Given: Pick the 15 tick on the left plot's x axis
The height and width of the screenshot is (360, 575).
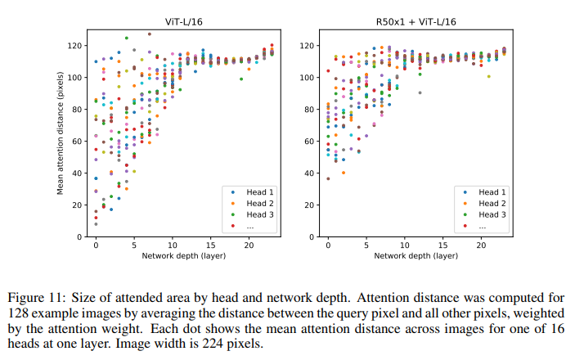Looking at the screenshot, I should point(211,245).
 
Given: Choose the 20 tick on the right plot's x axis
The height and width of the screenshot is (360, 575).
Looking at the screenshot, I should point(481,245).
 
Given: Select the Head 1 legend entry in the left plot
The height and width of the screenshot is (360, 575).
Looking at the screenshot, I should point(256,191).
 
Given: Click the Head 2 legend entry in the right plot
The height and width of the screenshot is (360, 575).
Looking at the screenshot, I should point(488,203).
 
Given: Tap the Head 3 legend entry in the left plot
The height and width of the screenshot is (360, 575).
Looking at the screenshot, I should point(256,214).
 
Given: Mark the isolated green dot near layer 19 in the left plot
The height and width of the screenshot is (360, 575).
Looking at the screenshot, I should point(241,79).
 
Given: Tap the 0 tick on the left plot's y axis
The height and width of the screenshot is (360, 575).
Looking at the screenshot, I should point(83,236).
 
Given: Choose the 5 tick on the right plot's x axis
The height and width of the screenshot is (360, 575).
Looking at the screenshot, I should point(366,245).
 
